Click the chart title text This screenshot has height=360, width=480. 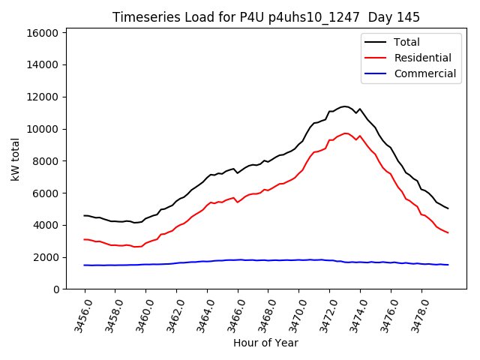point(266,16)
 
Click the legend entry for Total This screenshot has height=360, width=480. point(406,42)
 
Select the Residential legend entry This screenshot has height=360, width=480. point(422,58)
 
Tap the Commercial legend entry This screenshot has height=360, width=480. point(424,73)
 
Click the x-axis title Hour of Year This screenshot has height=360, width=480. point(266,343)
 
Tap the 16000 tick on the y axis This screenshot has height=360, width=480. point(42,33)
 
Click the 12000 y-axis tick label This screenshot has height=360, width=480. point(42,97)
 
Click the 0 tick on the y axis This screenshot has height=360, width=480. point(55,289)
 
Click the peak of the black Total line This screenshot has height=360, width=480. point(344,106)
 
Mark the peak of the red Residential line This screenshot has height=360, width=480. point(346,133)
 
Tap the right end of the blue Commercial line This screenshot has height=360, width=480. point(448,265)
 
